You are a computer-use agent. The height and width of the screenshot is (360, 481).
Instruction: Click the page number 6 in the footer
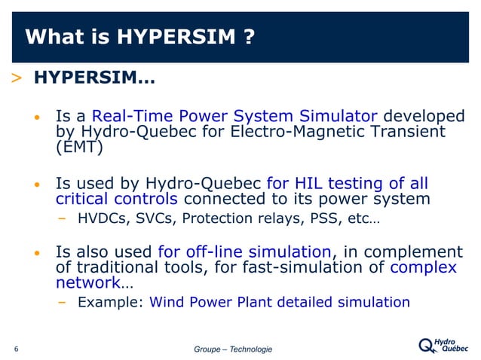point(16,349)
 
